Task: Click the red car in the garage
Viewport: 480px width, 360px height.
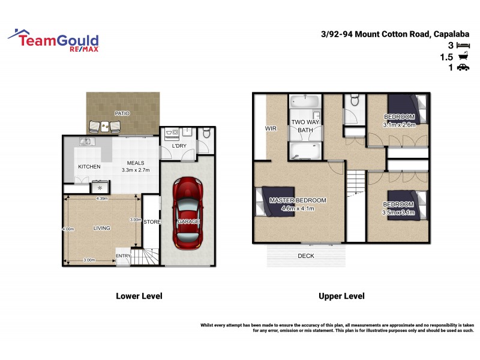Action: [x=188, y=214]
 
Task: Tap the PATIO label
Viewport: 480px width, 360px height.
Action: [x=122, y=113]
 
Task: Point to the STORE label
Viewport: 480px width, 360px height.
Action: [x=152, y=222]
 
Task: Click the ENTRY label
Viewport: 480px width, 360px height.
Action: [x=123, y=256]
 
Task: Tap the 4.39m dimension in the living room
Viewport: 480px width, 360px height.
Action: [x=102, y=199]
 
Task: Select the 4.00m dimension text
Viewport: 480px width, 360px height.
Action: [x=68, y=229]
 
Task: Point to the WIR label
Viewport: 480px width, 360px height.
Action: [x=270, y=128]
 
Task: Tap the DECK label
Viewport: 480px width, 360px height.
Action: [x=306, y=256]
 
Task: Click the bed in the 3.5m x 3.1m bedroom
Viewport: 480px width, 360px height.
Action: [x=408, y=205]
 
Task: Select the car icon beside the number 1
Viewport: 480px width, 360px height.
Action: [x=463, y=68]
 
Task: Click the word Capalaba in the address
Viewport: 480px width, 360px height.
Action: [x=452, y=34]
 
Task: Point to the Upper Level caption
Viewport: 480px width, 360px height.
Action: [x=341, y=296]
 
